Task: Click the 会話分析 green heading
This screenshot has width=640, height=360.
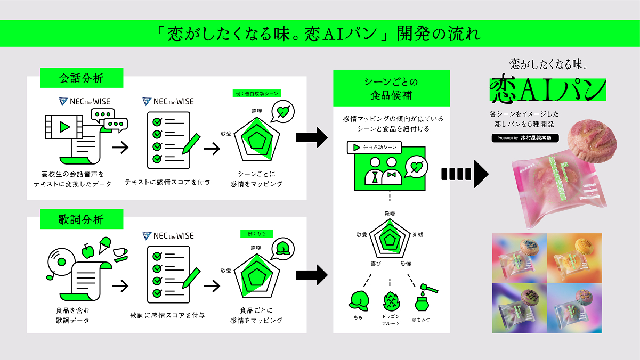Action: click(x=82, y=79)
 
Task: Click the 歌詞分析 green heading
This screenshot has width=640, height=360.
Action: click(x=82, y=219)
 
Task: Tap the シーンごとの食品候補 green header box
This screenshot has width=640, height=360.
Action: click(x=391, y=88)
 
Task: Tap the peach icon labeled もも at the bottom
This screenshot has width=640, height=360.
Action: click(x=358, y=301)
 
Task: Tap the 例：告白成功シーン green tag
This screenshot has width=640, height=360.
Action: click(x=257, y=93)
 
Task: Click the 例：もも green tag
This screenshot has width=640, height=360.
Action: click(x=257, y=233)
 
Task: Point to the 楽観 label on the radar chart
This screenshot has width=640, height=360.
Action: click(x=419, y=234)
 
